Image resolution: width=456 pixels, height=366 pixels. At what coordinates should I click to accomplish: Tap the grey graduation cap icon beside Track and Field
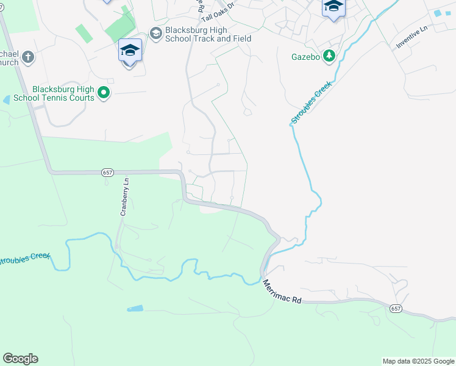pyautogui.click(x=156, y=33)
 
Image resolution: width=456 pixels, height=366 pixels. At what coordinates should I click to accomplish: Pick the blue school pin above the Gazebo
pyautogui.click(x=333, y=7)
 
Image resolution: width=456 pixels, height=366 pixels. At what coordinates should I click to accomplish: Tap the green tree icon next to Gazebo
pyautogui.click(x=329, y=56)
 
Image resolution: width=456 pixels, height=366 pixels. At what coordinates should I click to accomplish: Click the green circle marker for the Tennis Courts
pyautogui.click(x=104, y=93)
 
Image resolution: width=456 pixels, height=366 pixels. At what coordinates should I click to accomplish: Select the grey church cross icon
pyautogui.click(x=27, y=57)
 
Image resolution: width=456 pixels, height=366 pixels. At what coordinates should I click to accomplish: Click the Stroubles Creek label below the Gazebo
pyautogui.click(x=312, y=102)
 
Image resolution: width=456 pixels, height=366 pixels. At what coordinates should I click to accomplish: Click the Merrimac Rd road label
pyautogui.click(x=282, y=292)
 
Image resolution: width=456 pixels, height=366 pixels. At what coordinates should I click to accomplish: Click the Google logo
pyautogui.click(x=20, y=359)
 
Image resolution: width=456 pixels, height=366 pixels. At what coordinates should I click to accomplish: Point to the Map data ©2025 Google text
pyautogui.click(x=418, y=361)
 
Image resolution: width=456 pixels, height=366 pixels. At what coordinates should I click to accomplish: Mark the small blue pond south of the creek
pyautogui.click(x=135, y=309)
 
